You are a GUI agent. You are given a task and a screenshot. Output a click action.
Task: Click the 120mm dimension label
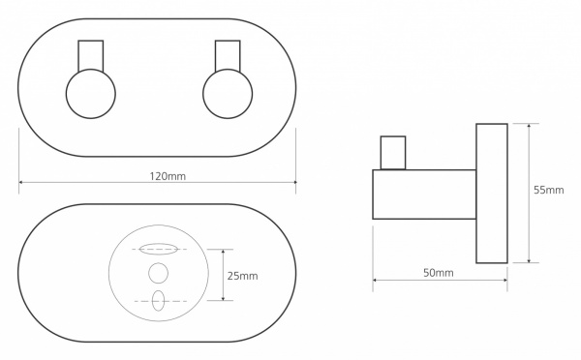(x=168, y=176)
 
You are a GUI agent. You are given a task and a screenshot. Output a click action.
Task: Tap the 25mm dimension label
(x=242, y=276)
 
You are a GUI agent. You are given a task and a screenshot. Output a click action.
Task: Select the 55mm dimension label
(x=548, y=190)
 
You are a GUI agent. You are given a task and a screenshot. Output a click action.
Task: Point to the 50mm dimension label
(x=439, y=273)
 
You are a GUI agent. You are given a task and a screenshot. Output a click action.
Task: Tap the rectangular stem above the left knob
(x=91, y=55)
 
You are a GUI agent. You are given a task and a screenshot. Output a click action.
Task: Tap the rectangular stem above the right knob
(x=228, y=55)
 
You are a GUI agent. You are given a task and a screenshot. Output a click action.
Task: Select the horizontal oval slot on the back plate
(x=158, y=249)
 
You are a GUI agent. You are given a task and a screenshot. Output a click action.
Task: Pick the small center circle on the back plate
(x=158, y=273)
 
